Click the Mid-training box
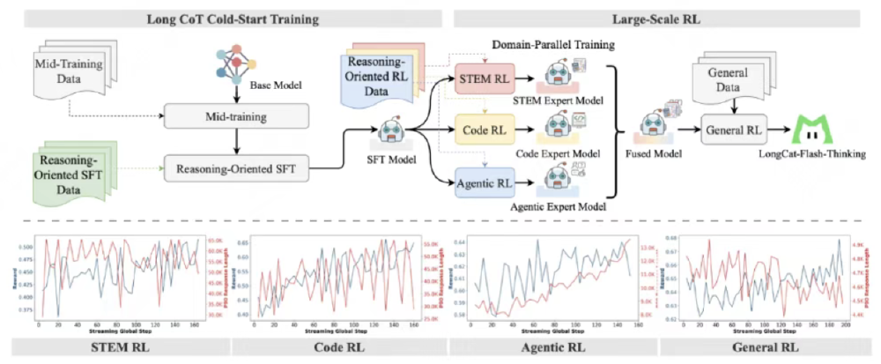tap(235, 115)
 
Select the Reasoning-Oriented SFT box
tap(235, 165)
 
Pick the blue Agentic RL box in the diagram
tap(483, 184)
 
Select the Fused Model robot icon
tap(651, 124)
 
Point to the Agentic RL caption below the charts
tap(558, 348)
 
